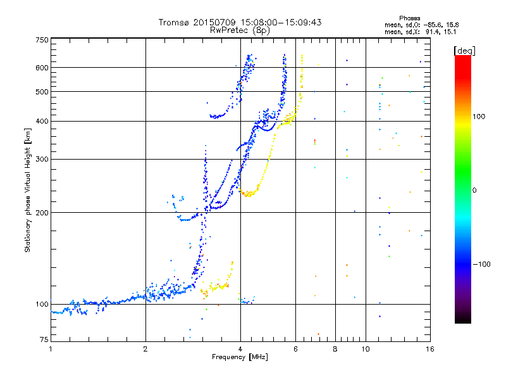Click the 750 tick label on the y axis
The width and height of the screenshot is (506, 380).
tap(42, 39)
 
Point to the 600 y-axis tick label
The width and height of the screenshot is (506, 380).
tap(42, 68)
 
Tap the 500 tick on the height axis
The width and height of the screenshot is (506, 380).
tap(42, 92)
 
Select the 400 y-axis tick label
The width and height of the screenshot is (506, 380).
tap(42, 121)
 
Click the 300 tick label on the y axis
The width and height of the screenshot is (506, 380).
tap(42, 159)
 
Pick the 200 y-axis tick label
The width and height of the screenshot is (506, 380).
tap(42, 213)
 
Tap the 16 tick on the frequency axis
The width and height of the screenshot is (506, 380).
tap(429, 348)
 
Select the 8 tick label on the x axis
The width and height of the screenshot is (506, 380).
tap(335, 348)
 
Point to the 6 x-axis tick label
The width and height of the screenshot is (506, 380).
tap(296, 348)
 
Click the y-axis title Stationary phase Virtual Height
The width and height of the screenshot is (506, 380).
tap(28, 190)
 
